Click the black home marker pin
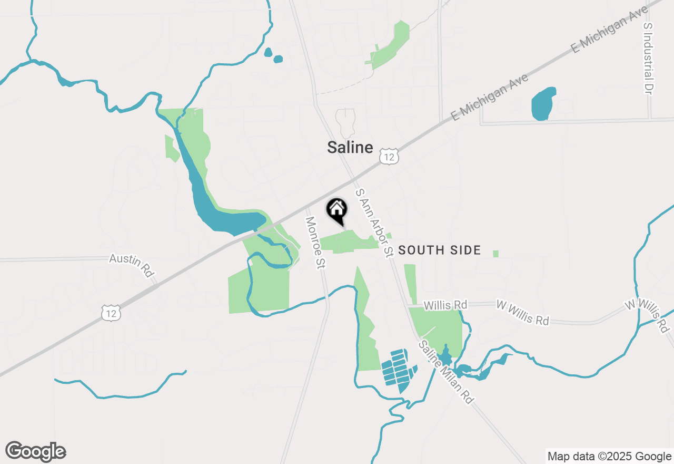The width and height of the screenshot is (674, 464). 337,210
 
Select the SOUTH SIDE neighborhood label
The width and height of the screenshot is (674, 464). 439,250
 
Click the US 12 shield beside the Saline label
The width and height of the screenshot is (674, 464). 388,156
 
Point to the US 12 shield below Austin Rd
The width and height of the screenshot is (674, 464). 112,313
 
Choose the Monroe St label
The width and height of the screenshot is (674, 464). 314,242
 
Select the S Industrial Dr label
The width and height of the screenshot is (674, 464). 648,59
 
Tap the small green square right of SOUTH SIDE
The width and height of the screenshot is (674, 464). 495,254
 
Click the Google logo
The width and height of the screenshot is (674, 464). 35,451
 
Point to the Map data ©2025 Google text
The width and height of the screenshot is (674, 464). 609,456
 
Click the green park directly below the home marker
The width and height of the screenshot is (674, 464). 348,241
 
